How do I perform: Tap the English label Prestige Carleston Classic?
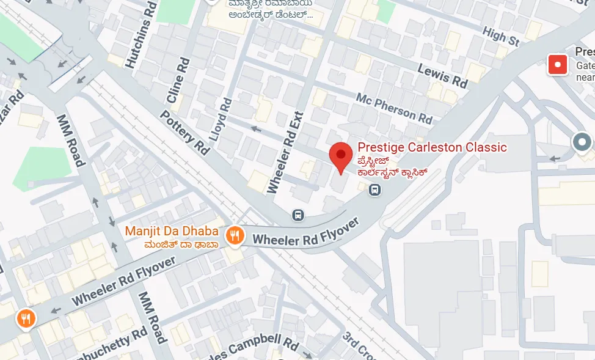432,147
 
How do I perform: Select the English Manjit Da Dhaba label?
172,231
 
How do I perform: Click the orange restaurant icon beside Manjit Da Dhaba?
235,235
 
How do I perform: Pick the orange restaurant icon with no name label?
26,318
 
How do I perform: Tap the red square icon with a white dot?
557,64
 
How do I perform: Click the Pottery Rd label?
184,131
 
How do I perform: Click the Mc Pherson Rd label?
394,106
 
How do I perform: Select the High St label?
500,36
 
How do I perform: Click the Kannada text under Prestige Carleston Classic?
391,166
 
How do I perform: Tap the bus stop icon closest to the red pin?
374,191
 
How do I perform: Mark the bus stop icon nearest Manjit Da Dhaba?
298,215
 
